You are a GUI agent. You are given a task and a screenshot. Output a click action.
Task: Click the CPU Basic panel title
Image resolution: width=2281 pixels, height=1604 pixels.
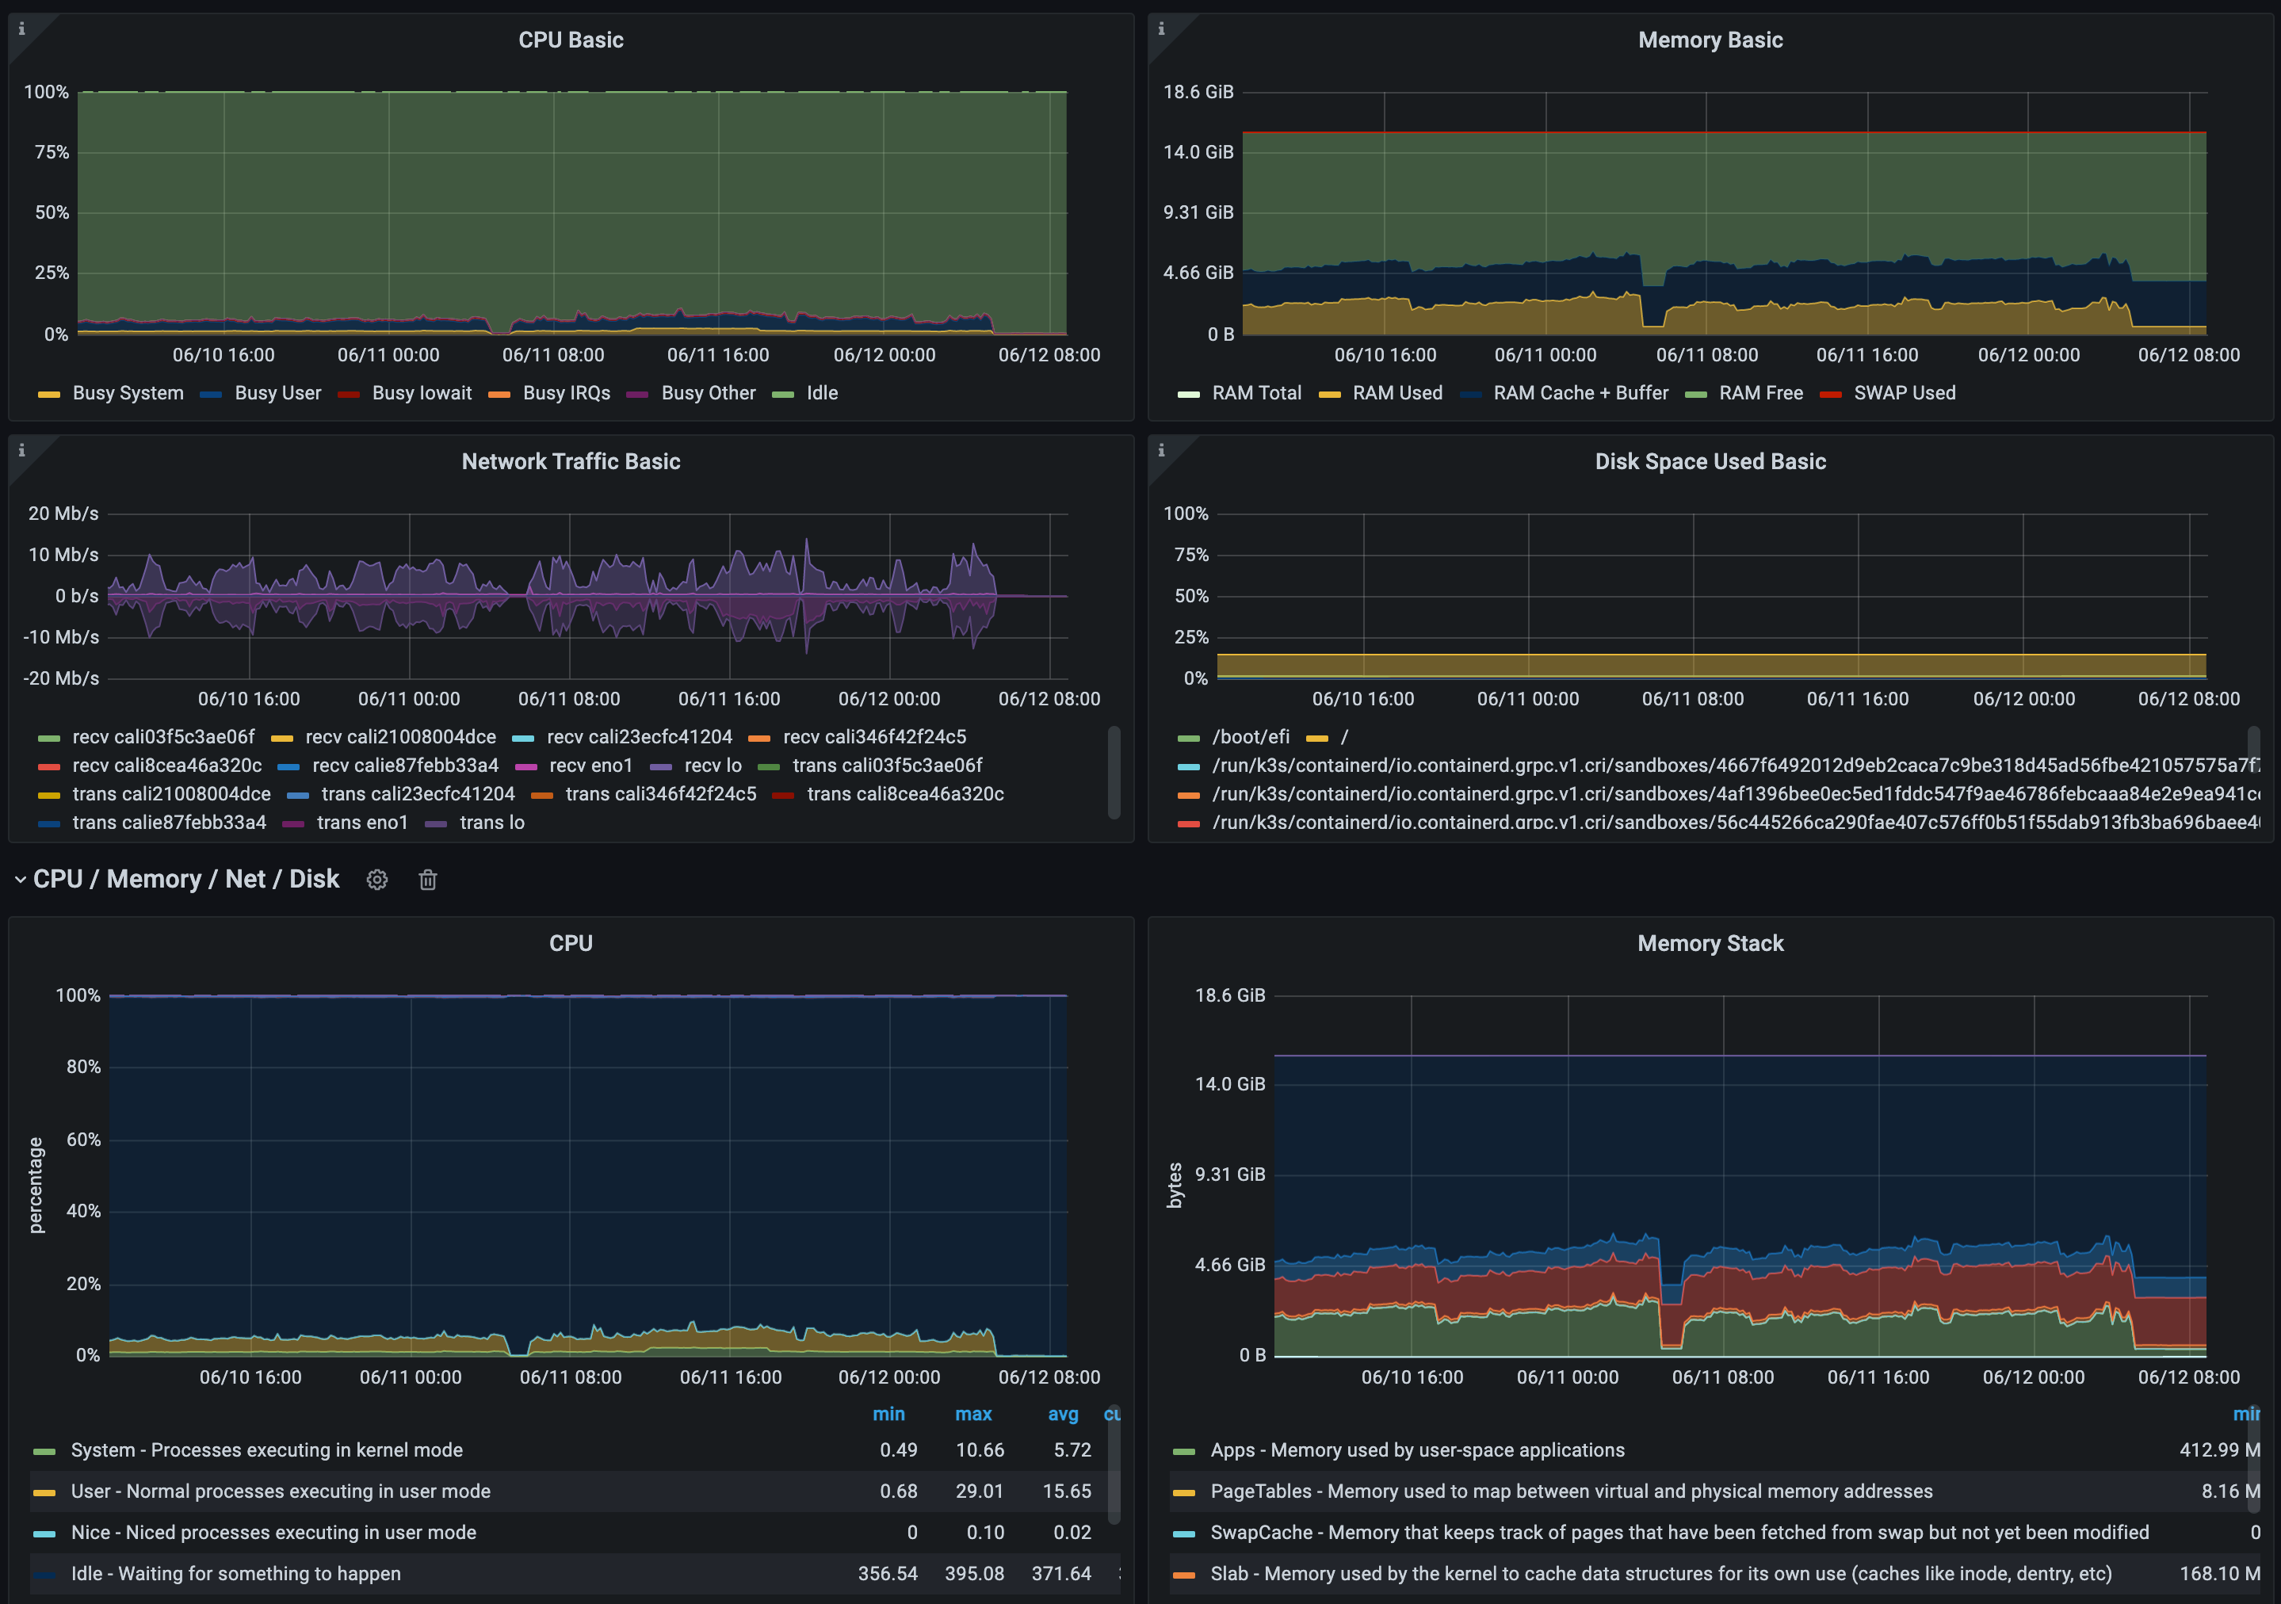point(571,40)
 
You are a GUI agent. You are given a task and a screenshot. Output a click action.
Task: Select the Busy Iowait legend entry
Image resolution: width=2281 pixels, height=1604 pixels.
point(421,393)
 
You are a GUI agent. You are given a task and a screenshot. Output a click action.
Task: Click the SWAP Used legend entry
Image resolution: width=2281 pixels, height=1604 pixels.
point(1904,393)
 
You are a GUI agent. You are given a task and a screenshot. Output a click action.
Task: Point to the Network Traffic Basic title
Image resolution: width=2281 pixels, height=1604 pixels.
point(571,461)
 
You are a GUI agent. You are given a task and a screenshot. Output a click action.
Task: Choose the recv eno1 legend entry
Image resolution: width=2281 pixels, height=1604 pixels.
point(590,766)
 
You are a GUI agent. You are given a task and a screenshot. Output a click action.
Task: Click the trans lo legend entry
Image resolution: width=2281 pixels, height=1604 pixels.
point(491,823)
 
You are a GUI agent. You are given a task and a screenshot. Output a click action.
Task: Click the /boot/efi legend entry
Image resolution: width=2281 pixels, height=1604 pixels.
point(1250,737)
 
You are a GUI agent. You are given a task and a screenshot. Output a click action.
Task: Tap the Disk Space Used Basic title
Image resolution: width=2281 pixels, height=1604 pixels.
point(1710,461)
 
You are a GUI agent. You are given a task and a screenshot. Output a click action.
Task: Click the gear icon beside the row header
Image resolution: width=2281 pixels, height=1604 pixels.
point(376,880)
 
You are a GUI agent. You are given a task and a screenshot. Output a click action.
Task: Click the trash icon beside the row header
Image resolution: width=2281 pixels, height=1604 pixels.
point(427,880)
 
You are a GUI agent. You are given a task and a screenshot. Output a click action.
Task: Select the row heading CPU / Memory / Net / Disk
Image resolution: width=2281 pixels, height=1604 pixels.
point(185,880)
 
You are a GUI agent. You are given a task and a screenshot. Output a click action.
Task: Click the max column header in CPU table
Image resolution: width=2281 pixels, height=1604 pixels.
point(972,1415)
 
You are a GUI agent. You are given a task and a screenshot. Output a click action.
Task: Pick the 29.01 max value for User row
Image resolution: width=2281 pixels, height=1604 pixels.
point(979,1491)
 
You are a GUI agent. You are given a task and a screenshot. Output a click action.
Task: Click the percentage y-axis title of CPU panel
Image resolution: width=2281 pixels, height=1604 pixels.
point(36,1185)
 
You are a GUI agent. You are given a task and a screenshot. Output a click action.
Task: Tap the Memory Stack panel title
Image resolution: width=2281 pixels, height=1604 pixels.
point(1710,944)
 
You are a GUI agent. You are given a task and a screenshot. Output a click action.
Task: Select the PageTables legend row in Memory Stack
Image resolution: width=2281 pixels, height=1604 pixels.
point(1571,1491)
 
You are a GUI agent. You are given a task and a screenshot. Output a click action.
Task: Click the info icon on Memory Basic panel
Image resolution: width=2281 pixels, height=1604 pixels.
point(1161,29)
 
